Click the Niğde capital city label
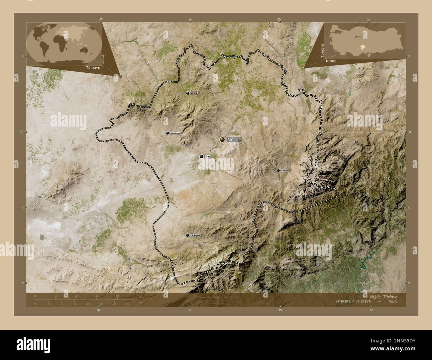[234, 140]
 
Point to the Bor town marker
[201, 156]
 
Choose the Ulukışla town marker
[188, 235]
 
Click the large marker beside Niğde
[222, 140]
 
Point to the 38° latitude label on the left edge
[22, 132]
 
